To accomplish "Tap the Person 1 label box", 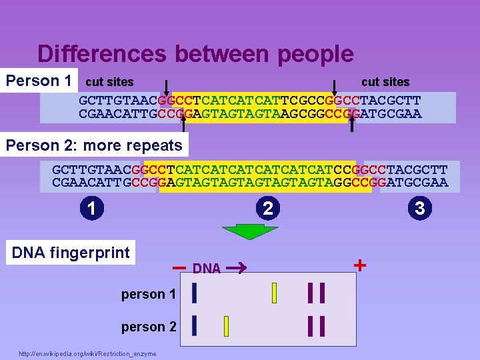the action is point(39,81).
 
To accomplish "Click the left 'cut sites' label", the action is point(110,82).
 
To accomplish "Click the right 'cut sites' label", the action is point(385,82).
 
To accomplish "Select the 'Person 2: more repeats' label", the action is point(94,145).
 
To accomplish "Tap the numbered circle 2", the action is point(267,209).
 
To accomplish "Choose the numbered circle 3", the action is point(419,208).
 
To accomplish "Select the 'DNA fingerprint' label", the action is point(71,253).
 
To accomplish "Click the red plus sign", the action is point(360,265).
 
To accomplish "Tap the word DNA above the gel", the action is point(207,269).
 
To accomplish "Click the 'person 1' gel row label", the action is point(149,294).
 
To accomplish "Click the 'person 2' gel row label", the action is point(149,327).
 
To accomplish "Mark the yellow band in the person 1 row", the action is point(274,292).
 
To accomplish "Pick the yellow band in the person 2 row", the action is point(227,326).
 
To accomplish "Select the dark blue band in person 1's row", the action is point(194,292).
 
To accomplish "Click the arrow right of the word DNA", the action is point(237,268).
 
